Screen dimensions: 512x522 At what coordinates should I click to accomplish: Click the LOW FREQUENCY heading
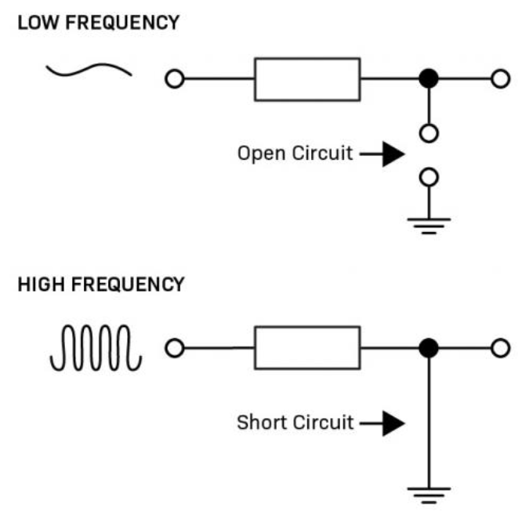[98, 23]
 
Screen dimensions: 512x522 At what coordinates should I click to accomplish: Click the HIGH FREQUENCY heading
[100, 284]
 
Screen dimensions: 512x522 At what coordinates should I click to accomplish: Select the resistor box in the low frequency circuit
[307, 79]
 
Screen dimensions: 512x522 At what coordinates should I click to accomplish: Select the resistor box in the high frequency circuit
[307, 349]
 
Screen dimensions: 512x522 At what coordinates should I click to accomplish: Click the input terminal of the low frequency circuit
[174, 79]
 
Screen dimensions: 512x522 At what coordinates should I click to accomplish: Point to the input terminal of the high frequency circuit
[174, 349]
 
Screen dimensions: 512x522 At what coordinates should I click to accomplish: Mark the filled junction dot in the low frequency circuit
[428, 79]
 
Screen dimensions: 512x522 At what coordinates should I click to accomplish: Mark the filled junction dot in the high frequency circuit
[428, 349]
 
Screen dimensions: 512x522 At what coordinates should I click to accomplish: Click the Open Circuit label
[295, 153]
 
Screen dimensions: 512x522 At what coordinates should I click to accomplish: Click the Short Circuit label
[295, 423]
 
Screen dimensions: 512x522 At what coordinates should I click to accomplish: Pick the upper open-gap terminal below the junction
[428, 133]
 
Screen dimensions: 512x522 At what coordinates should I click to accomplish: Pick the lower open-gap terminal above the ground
[428, 177]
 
